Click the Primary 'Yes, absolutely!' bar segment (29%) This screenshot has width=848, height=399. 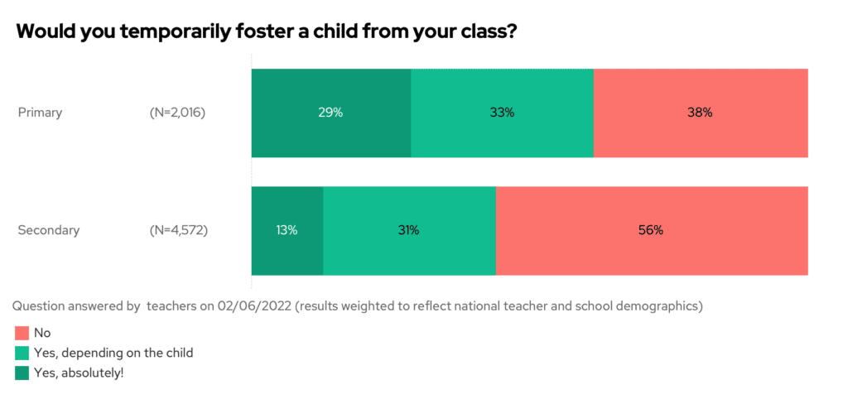(x=331, y=113)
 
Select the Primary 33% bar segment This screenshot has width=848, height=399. (x=502, y=113)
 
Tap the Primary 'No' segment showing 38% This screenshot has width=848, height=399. (x=701, y=113)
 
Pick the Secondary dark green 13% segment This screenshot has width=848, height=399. (x=287, y=231)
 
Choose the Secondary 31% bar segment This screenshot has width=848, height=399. (x=409, y=231)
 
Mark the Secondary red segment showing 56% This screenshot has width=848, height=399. (x=652, y=231)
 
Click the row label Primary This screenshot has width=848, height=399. (x=40, y=113)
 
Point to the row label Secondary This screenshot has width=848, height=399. (x=49, y=231)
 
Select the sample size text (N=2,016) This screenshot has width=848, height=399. (x=171, y=113)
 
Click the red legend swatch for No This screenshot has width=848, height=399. (x=22, y=334)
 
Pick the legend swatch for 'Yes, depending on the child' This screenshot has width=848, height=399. (x=22, y=353)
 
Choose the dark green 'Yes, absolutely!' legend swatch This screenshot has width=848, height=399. (x=22, y=373)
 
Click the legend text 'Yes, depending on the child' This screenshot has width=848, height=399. (x=113, y=353)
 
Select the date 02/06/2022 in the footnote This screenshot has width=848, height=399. (x=250, y=306)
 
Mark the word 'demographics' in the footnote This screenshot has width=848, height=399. (x=657, y=306)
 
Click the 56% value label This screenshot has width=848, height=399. (x=652, y=231)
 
